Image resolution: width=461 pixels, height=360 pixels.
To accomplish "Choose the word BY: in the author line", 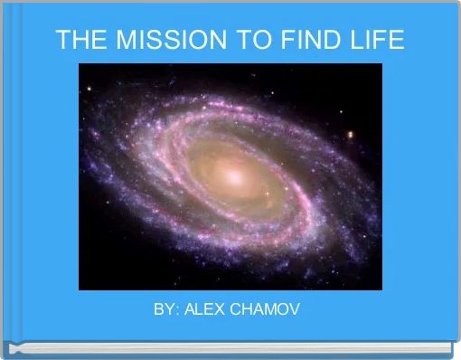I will tap(165, 310).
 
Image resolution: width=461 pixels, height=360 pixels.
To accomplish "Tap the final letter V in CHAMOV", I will tap(296, 310).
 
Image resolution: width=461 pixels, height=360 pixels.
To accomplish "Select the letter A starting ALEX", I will tap(187, 310).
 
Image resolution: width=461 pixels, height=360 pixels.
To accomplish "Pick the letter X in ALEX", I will tap(218, 310).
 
